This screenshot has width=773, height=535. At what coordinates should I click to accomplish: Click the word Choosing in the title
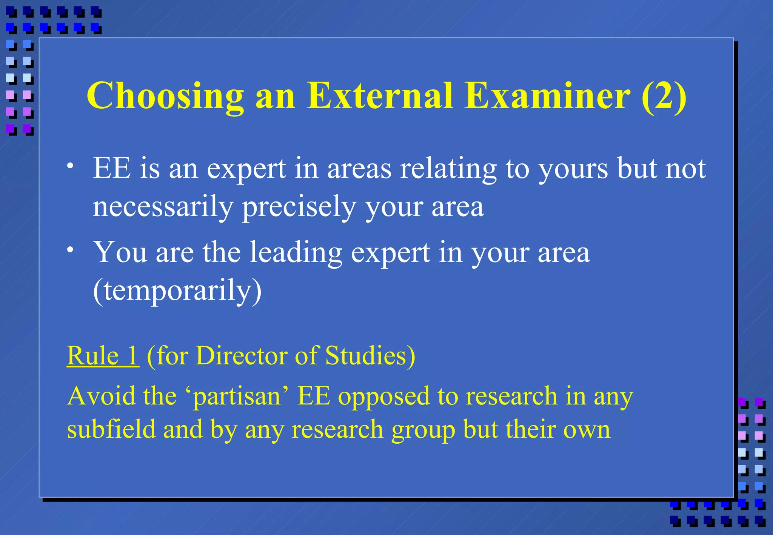point(165,97)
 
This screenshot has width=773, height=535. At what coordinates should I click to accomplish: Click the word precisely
point(299,207)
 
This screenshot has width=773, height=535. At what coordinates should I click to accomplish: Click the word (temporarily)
point(177,291)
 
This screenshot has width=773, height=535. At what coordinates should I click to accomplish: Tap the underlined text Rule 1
point(103,356)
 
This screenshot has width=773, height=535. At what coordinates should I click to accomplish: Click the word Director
point(241,356)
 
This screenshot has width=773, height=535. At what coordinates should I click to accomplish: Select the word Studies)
point(370,356)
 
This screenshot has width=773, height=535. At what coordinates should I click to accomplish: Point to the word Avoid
point(96,396)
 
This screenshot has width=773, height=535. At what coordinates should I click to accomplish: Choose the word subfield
point(111,429)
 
